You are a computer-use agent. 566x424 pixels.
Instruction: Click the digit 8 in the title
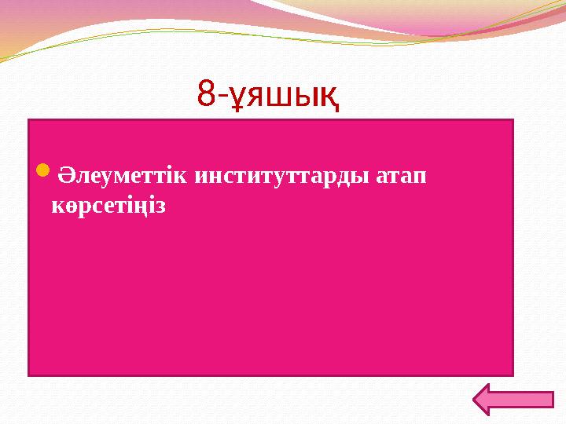(x=206, y=95)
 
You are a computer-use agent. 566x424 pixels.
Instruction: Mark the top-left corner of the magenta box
(x=29, y=120)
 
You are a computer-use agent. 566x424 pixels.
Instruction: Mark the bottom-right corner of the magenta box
(x=513, y=375)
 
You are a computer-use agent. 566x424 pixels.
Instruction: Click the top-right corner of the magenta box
(x=513, y=120)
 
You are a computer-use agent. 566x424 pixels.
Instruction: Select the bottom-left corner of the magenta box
(x=29, y=375)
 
